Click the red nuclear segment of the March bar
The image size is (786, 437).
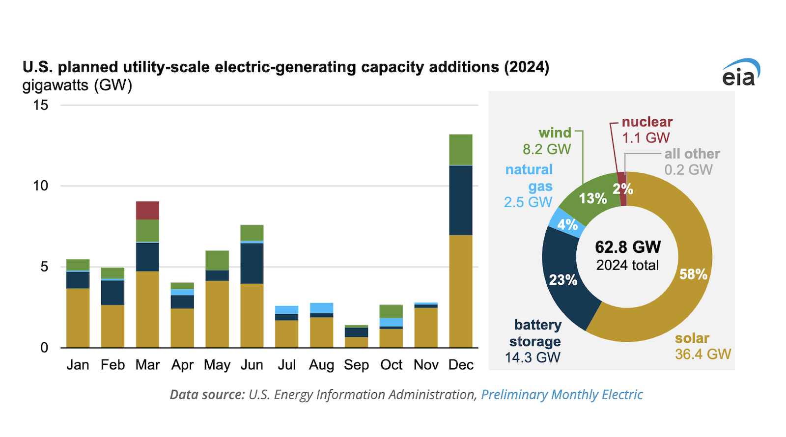[147, 210]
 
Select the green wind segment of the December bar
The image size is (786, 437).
[461, 149]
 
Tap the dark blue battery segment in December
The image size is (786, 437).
[461, 200]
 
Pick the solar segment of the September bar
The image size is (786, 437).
[356, 342]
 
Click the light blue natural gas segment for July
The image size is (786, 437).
[286, 310]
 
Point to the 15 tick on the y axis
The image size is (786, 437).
[41, 105]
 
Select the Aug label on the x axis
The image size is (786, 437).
[321, 365]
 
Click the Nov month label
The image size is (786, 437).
[426, 365]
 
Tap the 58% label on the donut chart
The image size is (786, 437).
[693, 274]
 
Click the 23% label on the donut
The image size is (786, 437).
[563, 280]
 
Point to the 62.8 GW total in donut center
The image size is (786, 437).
[628, 246]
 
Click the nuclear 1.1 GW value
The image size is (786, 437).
[646, 138]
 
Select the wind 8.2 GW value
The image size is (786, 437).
[547, 149]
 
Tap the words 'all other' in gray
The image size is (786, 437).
[692, 154]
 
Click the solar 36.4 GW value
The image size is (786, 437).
[702, 354]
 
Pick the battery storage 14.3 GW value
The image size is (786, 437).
[533, 357]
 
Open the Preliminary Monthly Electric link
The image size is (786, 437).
[561, 395]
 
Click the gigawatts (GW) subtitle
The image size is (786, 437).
[77, 85]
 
